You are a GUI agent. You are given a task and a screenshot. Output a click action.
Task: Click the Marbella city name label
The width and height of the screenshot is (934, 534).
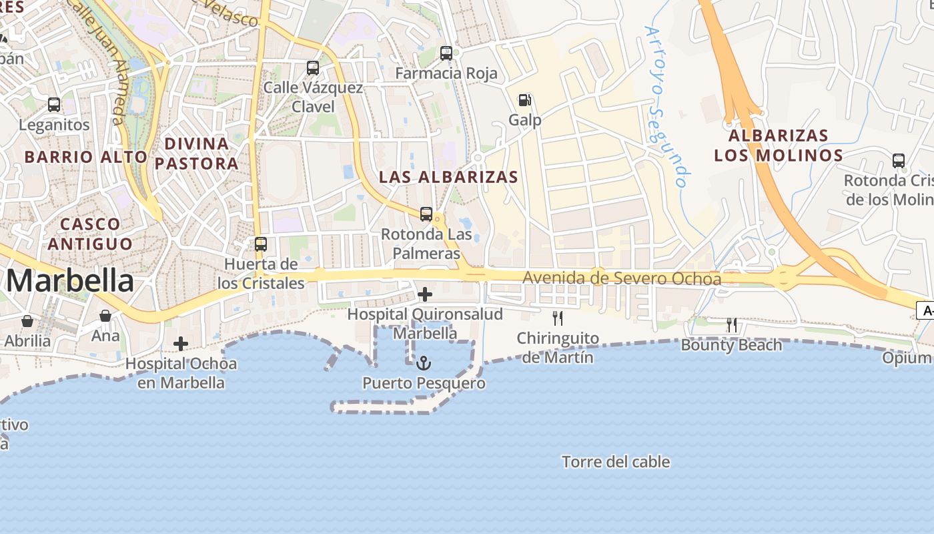[x=70, y=281]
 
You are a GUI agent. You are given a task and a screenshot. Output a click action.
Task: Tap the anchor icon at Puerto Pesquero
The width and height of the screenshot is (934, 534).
[x=424, y=364]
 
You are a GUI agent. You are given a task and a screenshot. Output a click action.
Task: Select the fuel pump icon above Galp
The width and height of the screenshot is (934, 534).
[x=525, y=100]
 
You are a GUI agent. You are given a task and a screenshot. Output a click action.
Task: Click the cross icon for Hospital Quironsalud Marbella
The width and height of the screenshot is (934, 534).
[x=424, y=294]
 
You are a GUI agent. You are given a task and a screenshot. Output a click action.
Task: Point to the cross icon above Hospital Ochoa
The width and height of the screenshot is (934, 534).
[x=181, y=344]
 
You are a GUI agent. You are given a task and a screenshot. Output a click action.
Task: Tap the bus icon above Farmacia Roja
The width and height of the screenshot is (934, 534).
[x=446, y=53]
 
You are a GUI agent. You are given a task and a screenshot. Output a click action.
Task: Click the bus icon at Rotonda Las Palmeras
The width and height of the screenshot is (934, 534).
[x=426, y=214]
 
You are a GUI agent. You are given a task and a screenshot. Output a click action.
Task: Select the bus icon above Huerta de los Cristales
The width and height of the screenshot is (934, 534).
[x=261, y=244]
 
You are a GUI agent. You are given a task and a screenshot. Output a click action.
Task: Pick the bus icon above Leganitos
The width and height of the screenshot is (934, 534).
[x=54, y=105]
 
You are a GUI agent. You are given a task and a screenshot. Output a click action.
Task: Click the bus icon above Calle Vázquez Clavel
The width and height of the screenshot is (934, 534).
[x=313, y=67]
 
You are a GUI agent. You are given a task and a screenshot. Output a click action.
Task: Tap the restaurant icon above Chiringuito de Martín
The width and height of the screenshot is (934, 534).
[x=558, y=318]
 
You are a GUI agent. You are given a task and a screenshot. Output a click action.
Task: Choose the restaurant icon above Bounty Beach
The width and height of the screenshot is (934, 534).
[x=732, y=325]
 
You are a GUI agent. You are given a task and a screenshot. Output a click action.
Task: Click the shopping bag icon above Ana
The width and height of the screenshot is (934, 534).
[x=105, y=316]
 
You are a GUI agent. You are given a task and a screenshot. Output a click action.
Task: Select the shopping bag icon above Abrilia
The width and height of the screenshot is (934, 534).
[x=27, y=321]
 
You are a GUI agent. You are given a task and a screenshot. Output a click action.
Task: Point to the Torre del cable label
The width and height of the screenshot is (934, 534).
[x=616, y=462]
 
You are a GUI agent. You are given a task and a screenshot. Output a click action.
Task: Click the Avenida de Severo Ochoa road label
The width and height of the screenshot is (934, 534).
[x=622, y=278]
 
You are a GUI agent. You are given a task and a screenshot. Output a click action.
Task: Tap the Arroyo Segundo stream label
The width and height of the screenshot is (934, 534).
[x=666, y=107]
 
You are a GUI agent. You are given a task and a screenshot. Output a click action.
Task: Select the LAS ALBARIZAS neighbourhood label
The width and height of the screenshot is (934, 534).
[x=448, y=177]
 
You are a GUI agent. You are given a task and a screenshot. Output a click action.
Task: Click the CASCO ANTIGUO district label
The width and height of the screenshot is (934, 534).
[x=89, y=234]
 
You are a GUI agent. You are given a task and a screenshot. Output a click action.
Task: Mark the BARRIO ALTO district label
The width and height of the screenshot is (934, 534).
[x=86, y=157]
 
